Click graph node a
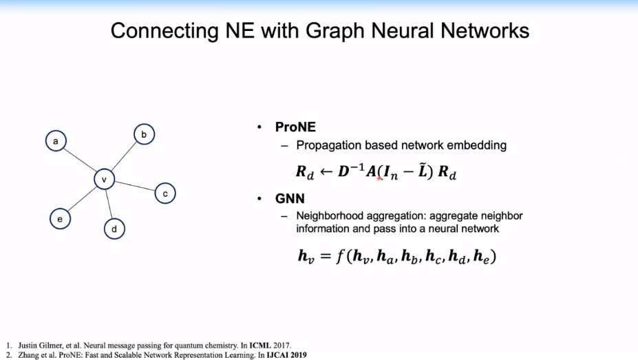(56, 141)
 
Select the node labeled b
(144, 134)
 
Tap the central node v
(104, 180)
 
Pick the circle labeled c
(165, 193)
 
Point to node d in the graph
(114, 229)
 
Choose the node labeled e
(60, 219)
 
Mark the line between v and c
(135, 187)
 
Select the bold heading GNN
(290, 198)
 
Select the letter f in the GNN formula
(341, 256)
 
